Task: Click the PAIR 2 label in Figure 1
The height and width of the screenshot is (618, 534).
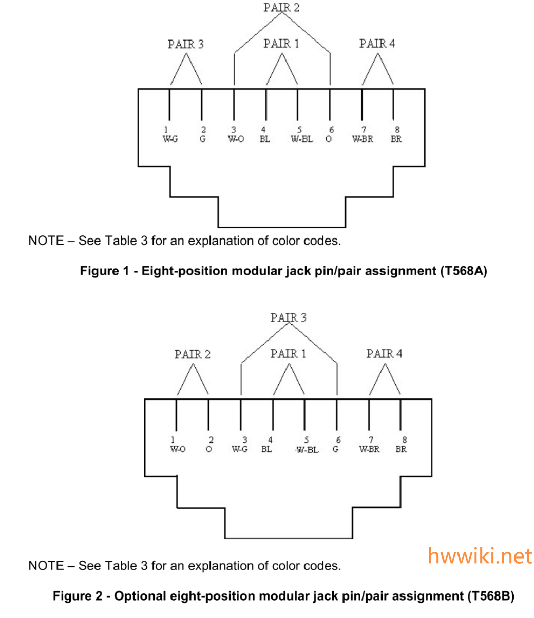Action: (281, 7)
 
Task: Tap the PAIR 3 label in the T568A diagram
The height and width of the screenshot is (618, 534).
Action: (185, 44)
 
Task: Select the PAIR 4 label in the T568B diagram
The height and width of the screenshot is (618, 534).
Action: (384, 353)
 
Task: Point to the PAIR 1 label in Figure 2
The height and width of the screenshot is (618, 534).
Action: (288, 353)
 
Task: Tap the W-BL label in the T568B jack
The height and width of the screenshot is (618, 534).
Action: (308, 450)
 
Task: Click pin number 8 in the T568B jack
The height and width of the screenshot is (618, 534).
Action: (405, 440)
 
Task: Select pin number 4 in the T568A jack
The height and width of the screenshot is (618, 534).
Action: (263, 130)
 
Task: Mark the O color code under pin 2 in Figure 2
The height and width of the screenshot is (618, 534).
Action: (208, 450)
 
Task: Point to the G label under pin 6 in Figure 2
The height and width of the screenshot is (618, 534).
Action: (335, 450)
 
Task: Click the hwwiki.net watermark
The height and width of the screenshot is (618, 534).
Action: (480, 556)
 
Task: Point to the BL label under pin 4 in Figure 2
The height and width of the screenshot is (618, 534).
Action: (266, 450)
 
